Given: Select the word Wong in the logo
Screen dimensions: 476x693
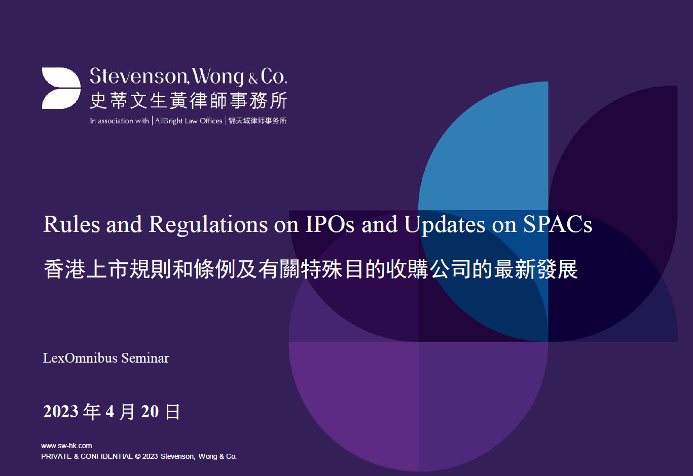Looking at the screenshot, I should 218,76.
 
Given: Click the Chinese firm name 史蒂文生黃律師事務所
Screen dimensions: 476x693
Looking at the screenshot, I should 189,100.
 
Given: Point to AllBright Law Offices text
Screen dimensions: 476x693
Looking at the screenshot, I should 189,121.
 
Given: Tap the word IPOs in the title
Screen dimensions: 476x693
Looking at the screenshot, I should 330,224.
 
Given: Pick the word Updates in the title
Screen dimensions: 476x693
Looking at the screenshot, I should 444,224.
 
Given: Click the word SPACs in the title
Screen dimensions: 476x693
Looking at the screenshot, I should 558,224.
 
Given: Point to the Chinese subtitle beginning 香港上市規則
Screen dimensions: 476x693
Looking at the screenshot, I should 310,269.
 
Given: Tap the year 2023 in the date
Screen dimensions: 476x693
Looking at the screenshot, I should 61,412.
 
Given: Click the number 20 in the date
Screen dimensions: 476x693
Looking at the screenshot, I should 150,412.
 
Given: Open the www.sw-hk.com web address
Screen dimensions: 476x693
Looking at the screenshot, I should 66,446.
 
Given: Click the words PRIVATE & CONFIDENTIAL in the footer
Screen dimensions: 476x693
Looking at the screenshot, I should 87,456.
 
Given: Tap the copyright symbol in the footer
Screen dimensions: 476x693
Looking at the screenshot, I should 137,456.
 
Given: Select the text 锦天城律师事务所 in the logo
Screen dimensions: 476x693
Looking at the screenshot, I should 258,121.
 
